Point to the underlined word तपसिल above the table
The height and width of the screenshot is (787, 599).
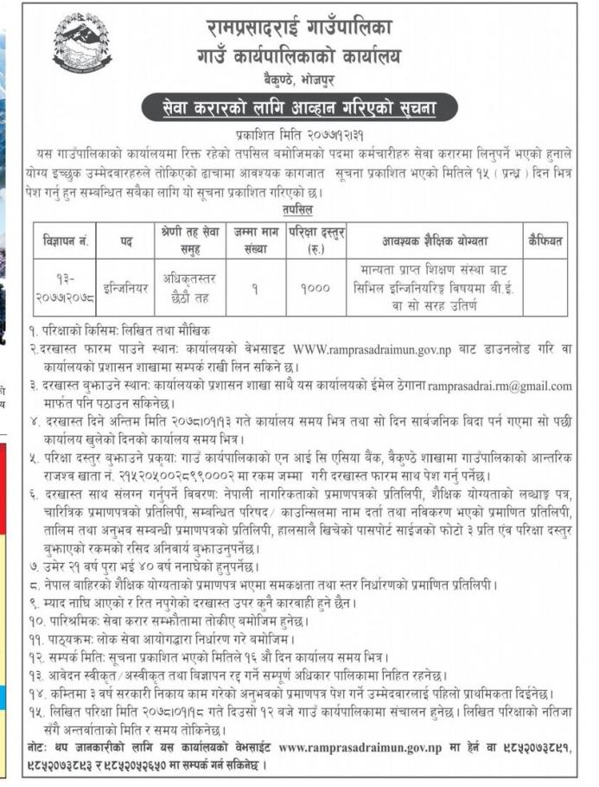[297, 210]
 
